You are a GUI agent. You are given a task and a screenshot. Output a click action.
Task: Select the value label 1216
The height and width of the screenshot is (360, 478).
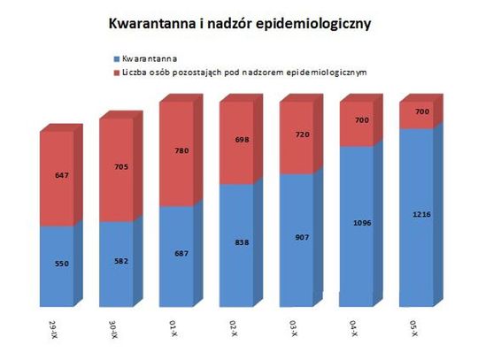pos(416,214)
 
